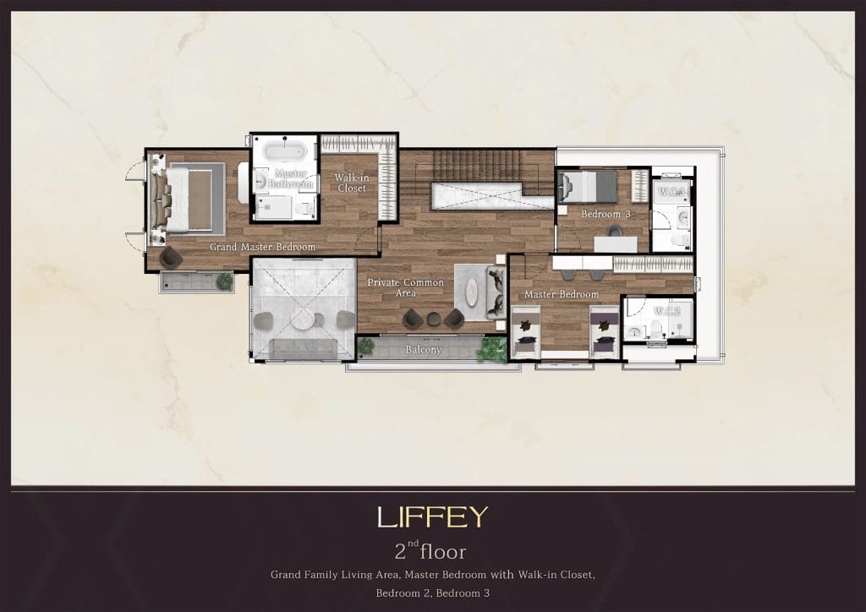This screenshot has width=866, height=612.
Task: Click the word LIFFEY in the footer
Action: tap(432, 517)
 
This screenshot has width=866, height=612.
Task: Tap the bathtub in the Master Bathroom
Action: tap(283, 150)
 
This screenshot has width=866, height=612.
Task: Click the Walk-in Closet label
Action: tap(352, 183)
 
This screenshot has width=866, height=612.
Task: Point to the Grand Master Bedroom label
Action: tap(262, 247)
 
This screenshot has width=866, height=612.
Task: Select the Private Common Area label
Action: tap(405, 287)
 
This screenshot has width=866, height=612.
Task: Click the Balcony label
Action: tap(423, 349)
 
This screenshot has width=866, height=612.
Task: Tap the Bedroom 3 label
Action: tap(606, 214)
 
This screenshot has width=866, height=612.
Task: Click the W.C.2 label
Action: tap(666, 311)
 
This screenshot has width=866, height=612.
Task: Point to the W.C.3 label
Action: tap(671, 192)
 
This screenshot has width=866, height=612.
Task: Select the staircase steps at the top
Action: tap(477, 165)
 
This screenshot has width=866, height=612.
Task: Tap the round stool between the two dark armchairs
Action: tap(434, 319)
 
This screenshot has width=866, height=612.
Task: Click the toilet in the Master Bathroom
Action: tap(303, 208)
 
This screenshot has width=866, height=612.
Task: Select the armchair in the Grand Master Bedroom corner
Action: tap(171, 257)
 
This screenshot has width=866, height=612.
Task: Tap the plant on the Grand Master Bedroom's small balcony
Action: tap(224, 281)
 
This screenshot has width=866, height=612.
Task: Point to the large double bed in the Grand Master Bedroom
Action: tap(187, 199)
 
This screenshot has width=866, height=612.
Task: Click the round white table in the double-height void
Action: tap(303, 319)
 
